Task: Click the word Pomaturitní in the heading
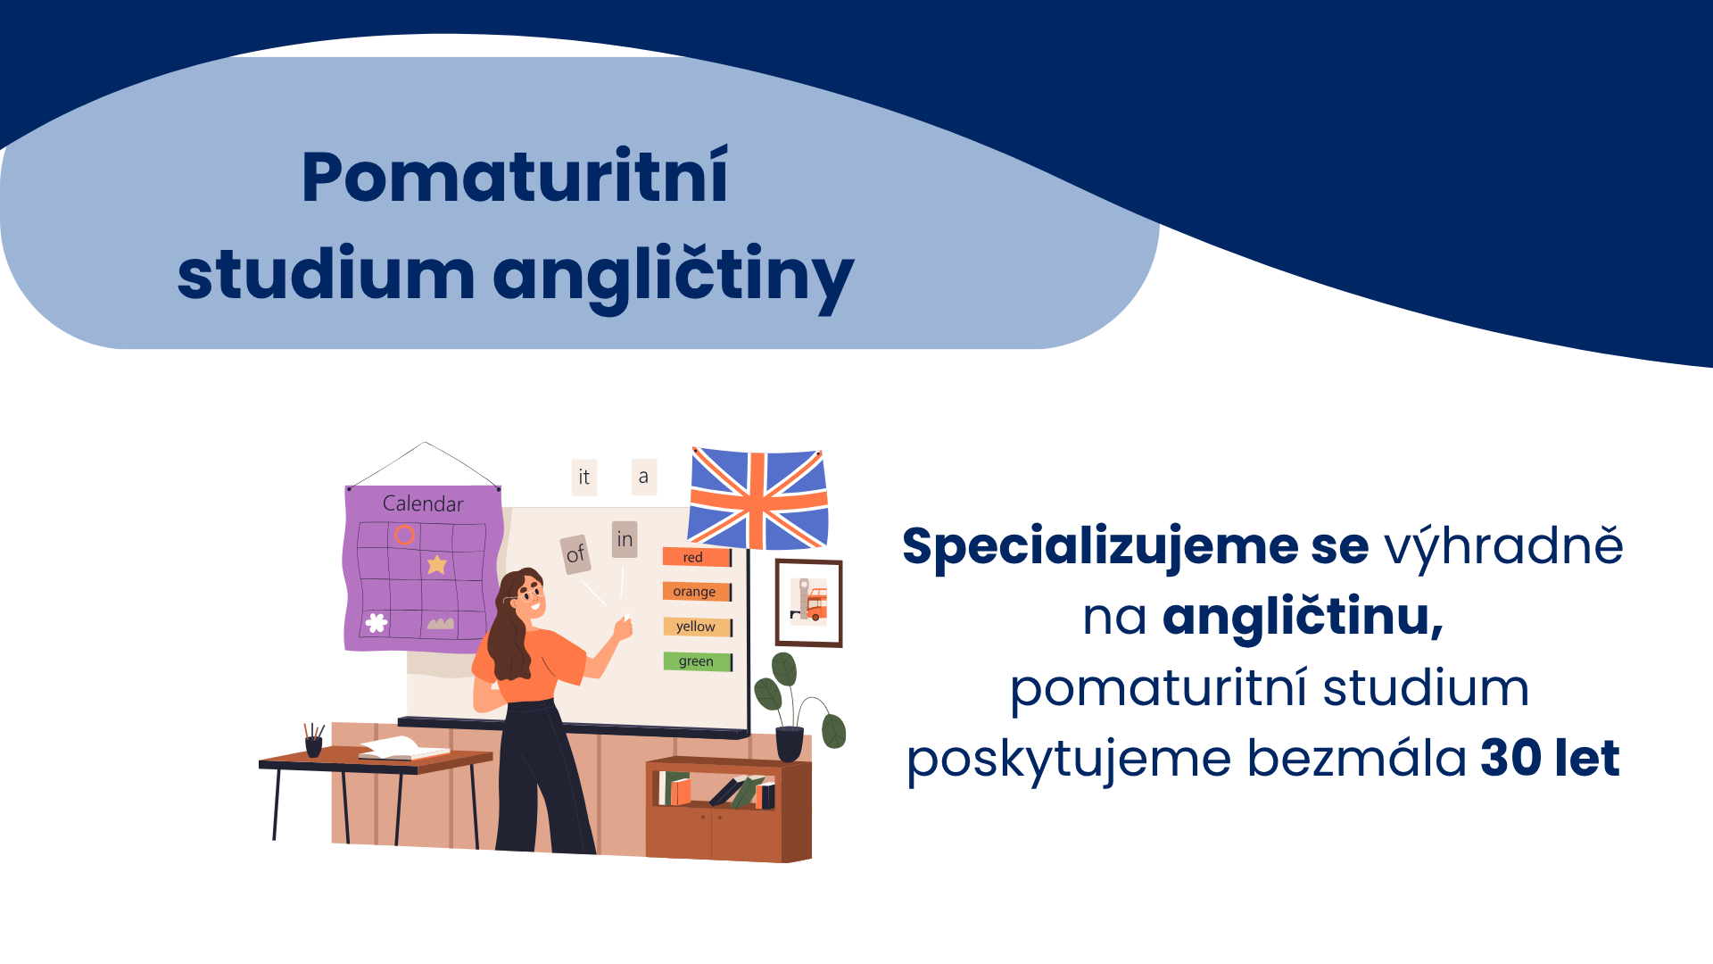515,177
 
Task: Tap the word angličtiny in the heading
674,275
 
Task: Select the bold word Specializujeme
1100,546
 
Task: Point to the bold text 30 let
1550,759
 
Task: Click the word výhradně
1503,546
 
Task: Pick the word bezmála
1356,759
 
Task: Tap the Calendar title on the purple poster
423,503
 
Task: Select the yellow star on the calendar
436,564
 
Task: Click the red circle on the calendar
404,535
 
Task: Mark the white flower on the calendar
377,622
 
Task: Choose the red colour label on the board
696,557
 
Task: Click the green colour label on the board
697,661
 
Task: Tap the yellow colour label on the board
697,627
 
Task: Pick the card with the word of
575,554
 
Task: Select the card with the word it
583,478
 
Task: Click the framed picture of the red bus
808,602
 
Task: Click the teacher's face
530,596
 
